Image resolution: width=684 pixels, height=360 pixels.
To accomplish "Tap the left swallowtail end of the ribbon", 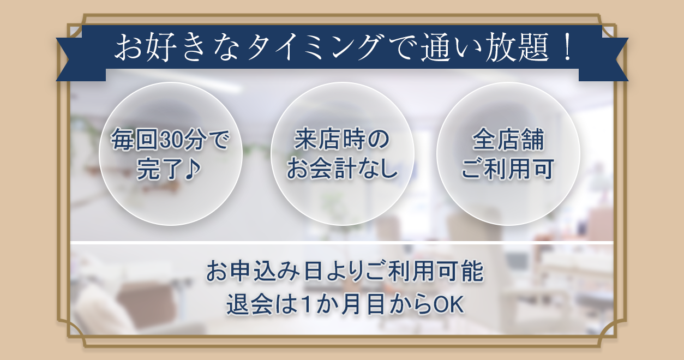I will coord(76,60).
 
